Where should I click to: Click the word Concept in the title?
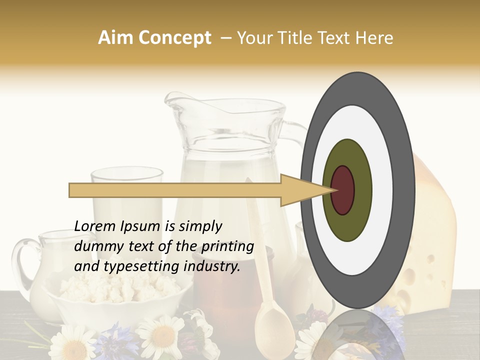click(x=174, y=38)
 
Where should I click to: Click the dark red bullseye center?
click(x=342, y=190)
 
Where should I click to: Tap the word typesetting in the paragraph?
click(x=131, y=267)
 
